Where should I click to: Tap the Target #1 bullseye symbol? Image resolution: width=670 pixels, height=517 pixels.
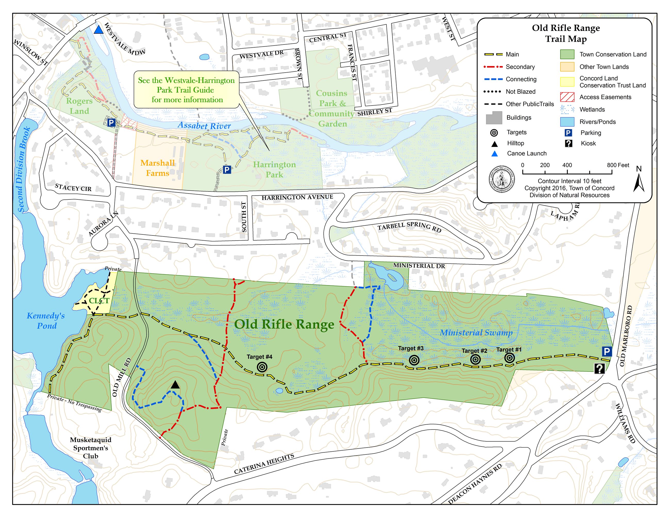pyautogui.click(x=509, y=358)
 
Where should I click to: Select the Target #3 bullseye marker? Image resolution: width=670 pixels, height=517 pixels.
pyautogui.click(x=414, y=361)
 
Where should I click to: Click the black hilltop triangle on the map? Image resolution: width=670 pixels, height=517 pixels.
pyautogui.click(x=175, y=385)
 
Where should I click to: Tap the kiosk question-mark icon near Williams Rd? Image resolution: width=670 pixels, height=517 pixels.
pyautogui.click(x=599, y=369)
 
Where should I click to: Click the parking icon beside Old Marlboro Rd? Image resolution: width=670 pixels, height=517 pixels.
pyautogui.click(x=607, y=351)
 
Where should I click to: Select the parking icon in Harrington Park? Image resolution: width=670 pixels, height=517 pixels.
pyautogui.click(x=227, y=170)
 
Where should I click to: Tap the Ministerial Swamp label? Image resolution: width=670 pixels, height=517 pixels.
pyautogui.click(x=476, y=333)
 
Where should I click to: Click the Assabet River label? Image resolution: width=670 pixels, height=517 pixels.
pyautogui.click(x=204, y=126)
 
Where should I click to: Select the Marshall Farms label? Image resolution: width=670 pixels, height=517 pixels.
pyautogui.click(x=158, y=168)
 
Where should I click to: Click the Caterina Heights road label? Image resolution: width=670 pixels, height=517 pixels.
pyautogui.click(x=264, y=464)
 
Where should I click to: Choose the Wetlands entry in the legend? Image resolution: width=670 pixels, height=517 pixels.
pyautogui.click(x=592, y=109)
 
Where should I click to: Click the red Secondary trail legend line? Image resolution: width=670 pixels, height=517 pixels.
pyautogui.click(x=493, y=66)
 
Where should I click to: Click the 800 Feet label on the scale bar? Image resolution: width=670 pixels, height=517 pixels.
pyautogui.click(x=618, y=165)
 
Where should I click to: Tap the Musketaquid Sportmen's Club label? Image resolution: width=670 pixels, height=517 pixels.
pyautogui.click(x=90, y=448)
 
